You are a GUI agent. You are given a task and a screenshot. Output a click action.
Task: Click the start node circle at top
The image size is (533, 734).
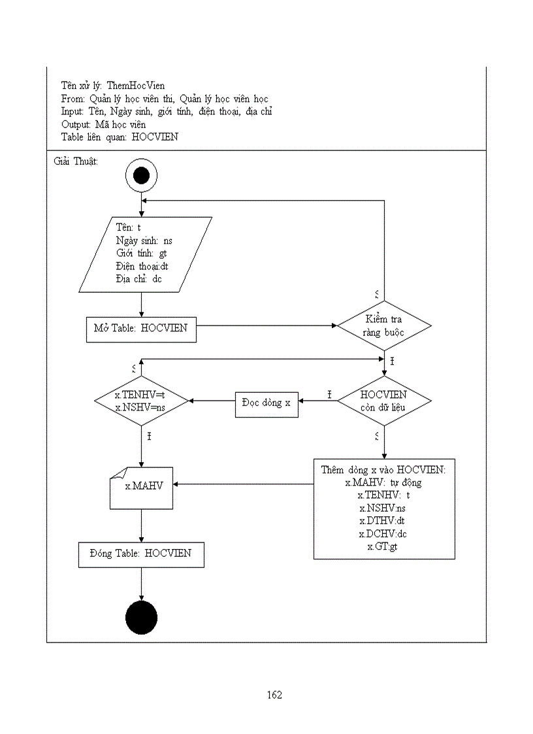[141, 175]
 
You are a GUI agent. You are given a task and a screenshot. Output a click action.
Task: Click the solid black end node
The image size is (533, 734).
[141, 618]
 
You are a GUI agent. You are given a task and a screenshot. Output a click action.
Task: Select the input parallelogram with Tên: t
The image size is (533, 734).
[145, 254]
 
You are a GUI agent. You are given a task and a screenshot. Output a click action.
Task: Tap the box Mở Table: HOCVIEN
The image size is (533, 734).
[141, 329]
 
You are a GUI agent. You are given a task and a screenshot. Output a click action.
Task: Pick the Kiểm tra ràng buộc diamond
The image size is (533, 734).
[384, 325]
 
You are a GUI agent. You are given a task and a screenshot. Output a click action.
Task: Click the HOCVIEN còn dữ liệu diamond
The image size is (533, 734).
[384, 401]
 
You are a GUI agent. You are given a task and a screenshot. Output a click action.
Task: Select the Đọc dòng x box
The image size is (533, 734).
[266, 403]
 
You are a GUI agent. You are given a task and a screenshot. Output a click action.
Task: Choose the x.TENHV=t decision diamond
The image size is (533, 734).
[141, 401]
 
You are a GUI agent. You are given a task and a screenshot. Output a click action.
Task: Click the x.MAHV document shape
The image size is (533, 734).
[141, 487]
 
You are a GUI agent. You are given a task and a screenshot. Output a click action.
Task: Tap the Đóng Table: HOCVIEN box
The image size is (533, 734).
[141, 554]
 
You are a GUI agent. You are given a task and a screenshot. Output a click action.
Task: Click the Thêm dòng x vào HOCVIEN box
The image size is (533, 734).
[384, 509]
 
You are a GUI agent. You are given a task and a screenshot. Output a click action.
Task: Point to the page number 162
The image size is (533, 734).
[274, 695]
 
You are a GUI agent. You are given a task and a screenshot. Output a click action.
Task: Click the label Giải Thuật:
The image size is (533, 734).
[75, 161]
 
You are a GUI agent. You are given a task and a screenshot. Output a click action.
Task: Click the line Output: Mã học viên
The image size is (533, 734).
[104, 124]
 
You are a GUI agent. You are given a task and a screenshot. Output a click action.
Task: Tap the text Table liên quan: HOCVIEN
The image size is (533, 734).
[120, 137]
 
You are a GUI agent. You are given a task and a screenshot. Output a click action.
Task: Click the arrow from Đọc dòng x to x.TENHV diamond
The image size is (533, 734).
[212, 401]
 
